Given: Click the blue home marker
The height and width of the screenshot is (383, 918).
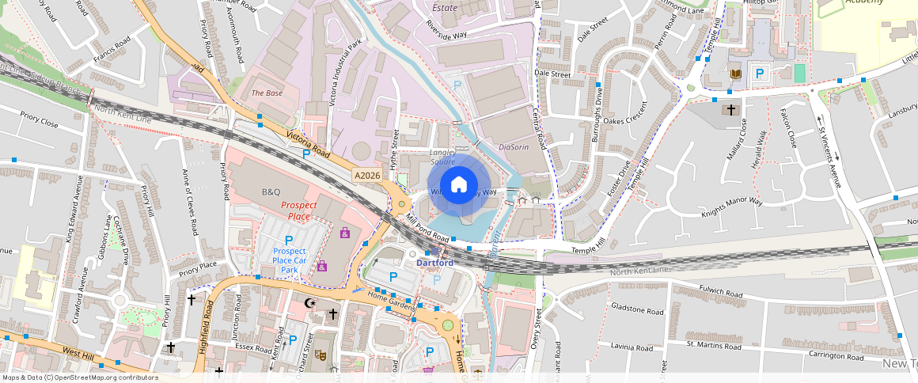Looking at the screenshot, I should point(459,186).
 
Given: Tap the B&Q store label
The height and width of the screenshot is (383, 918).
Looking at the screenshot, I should point(271,192).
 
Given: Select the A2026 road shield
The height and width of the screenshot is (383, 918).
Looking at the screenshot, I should point(367,176).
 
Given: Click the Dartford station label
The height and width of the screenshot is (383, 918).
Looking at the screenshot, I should point(435,263).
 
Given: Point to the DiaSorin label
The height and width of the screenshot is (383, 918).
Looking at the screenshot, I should point(514,147).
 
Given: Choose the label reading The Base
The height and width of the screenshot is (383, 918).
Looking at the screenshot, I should point(267,93).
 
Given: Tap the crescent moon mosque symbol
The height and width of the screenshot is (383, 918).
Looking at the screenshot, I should point(309,302).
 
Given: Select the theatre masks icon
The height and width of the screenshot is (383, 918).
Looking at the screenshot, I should point(320,355).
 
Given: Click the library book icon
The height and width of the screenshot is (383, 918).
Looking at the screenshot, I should point(736,74).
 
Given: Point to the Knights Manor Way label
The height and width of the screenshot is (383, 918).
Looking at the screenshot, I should point(731,208).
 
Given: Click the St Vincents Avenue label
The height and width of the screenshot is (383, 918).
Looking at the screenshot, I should point(829,150).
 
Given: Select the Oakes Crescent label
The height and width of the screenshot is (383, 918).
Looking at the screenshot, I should point(625,121).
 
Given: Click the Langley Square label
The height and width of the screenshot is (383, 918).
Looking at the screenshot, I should point(442,156).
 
